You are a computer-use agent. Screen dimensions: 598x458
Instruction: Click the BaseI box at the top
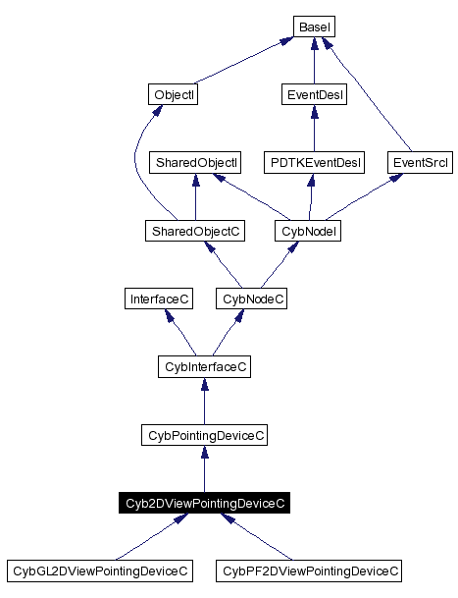[x=313, y=27]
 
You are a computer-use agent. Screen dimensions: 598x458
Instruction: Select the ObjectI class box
[x=174, y=94]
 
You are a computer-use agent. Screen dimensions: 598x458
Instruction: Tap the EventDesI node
[x=313, y=94]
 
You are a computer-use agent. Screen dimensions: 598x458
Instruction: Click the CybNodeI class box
[x=309, y=231]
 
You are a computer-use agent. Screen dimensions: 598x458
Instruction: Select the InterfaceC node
[x=158, y=299]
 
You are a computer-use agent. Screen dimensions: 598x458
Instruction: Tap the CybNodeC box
[x=251, y=299]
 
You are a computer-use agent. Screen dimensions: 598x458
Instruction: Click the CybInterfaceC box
[x=204, y=366]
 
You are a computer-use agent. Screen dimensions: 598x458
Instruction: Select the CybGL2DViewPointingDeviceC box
[x=99, y=571]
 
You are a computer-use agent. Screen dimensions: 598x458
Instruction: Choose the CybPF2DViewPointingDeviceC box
[x=310, y=571]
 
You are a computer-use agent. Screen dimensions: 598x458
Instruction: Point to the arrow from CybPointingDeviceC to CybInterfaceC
[x=204, y=401]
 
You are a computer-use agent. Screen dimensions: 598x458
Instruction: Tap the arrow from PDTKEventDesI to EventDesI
[x=313, y=129]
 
